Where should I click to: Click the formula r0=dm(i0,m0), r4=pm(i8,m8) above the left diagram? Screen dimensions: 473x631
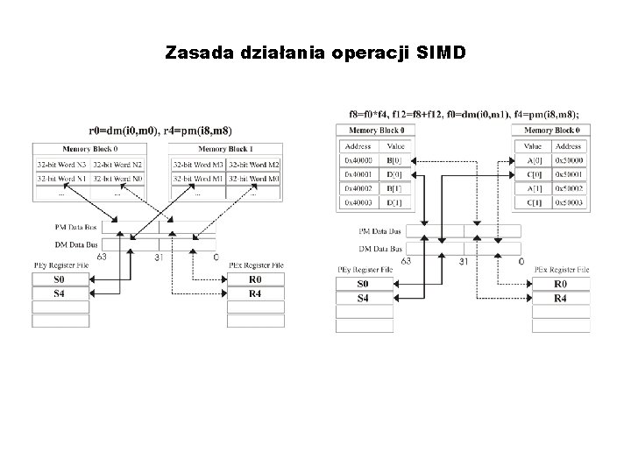tap(160, 131)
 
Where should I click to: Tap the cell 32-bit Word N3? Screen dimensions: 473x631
tap(61, 165)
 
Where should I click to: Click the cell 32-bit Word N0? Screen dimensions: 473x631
tap(117, 178)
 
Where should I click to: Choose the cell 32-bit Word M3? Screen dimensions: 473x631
tap(197, 165)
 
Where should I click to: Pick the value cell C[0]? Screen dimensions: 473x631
tap(534, 175)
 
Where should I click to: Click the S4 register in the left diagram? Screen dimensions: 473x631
tap(60, 293)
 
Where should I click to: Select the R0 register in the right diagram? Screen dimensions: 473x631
tap(560, 285)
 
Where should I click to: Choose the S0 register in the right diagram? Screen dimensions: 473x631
tap(363, 285)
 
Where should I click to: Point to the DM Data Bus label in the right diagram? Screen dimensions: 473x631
tap(381, 248)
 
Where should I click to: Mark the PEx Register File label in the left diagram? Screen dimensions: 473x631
tap(256, 265)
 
